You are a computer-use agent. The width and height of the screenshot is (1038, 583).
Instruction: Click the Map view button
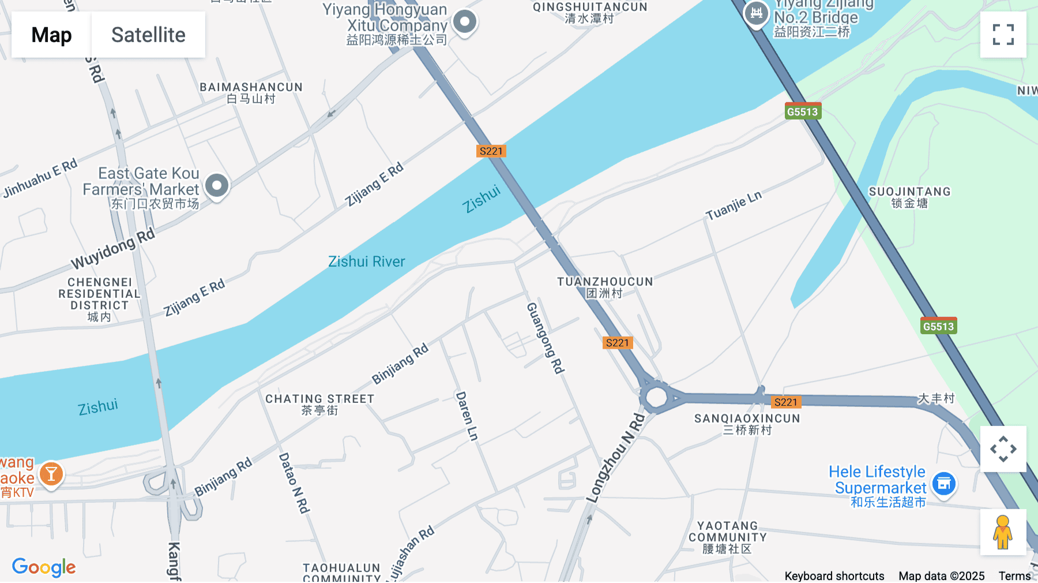(x=51, y=35)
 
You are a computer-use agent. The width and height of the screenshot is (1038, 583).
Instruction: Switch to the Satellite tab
(x=148, y=35)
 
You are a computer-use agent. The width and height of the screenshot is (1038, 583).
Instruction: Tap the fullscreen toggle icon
(x=1003, y=35)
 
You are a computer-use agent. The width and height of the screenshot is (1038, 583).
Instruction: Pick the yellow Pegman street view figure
(x=1003, y=532)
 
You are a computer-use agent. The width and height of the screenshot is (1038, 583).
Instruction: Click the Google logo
(x=44, y=567)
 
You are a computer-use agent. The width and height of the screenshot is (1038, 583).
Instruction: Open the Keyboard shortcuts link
(x=834, y=575)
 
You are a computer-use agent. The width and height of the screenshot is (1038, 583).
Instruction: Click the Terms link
(x=1014, y=575)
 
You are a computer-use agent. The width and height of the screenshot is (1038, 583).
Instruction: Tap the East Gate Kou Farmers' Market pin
(x=217, y=186)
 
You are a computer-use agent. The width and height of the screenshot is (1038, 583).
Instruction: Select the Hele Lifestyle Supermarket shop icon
(x=944, y=484)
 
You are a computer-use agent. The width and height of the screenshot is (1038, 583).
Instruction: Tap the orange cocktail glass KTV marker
(x=51, y=474)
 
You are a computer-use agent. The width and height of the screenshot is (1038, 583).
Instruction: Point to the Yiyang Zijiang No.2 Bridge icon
(x=756, y=13)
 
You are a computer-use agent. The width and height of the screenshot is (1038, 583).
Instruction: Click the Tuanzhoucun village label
(x=605, y=287)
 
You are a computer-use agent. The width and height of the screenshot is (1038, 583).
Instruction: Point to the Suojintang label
(x=909, y=197)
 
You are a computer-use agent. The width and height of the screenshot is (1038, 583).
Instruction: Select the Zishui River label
(x=366, y=261)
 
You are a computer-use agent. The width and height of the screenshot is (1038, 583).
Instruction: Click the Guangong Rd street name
(x=545, y=338)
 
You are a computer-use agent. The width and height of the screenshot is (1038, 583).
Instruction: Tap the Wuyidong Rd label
(x=113, y=248)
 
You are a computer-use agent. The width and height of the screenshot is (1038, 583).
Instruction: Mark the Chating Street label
(x=319, y=404)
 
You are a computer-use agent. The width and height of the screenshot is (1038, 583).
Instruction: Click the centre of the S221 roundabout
(x=656, y=397)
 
